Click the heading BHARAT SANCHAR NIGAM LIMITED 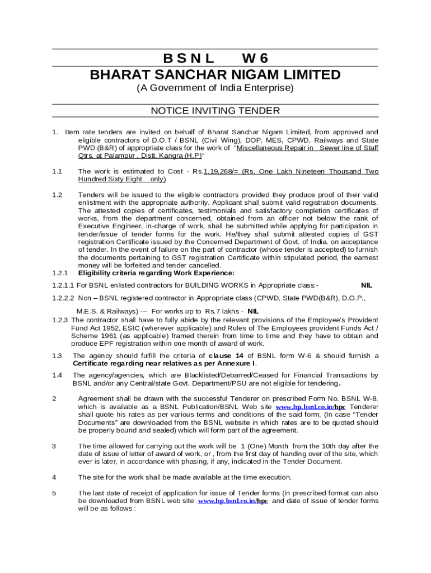click(x=215, y=75)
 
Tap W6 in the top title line click(x=255, y=59)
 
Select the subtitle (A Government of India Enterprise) click(x=215, y=88)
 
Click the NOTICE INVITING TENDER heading click(x=215, y=111)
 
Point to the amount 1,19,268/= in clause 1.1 click(x=223, y=171)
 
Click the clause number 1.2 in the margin click(x=57, y=195)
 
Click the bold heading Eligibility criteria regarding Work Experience click(x=156, y=273)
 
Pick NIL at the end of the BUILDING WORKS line click(x=367, y=285)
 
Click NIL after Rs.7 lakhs click(x=253, y=311)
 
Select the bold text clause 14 click(x=226, y=356)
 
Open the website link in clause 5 click(x=233, y=501)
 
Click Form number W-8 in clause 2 click(x=370, y=398)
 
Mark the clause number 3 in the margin click(x=54, y=446)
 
